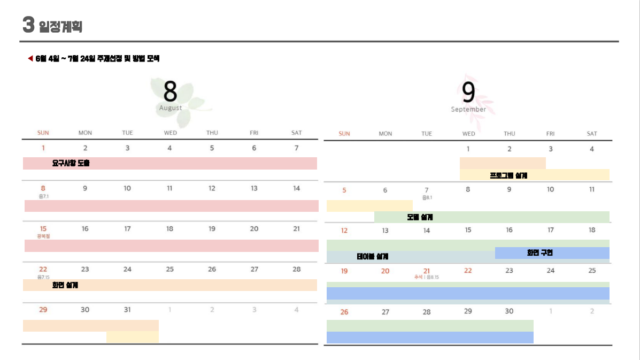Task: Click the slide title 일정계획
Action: pos(60,26)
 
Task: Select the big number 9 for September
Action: pos(468,92)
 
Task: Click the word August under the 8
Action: pos(170,108)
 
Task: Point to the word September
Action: pos(468,110)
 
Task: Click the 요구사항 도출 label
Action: pos(71,163)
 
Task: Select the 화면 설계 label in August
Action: pos(65,285)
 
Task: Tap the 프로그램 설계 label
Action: pos(508,175)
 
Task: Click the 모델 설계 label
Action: pos(420,217)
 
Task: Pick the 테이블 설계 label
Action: pos(372,257)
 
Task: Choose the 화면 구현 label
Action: pos(539,252)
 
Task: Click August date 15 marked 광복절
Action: pos(43,229)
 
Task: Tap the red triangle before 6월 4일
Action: pos(30,58)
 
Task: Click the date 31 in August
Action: pos(127,310)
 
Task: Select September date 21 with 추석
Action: pos(427,271)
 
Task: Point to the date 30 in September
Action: pos(509,311)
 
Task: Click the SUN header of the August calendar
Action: pos(43,133)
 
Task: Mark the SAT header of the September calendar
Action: pos(592,134)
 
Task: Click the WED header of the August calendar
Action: pos(170,133)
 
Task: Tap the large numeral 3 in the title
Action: pos(29,24)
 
